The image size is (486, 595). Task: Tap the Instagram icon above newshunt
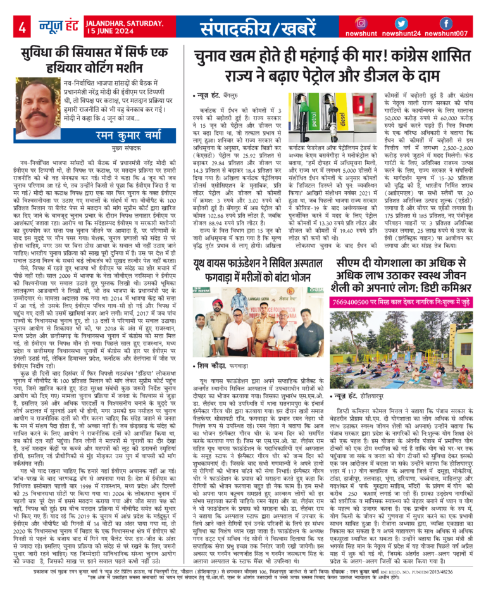click(361, 23)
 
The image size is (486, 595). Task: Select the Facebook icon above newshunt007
click(445, 23)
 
